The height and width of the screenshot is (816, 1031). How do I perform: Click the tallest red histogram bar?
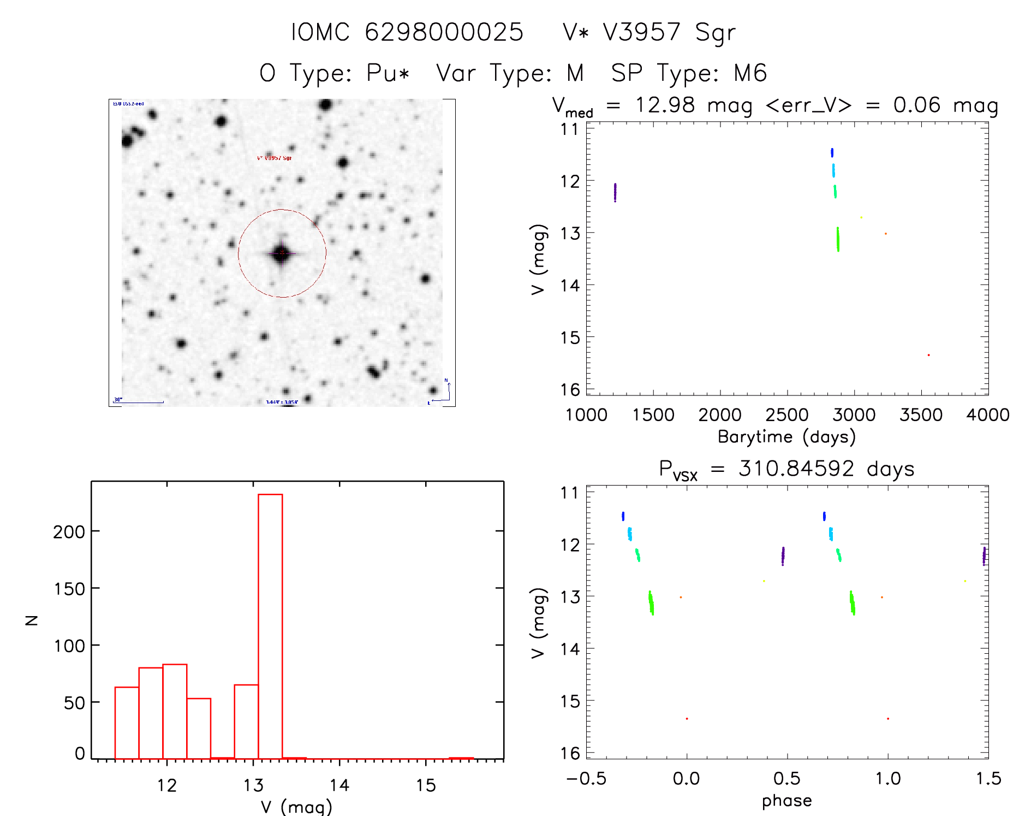click(270, 625)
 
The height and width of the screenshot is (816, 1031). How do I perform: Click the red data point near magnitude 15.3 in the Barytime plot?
click(928, 355)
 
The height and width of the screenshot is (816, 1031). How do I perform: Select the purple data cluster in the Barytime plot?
click(615, 192)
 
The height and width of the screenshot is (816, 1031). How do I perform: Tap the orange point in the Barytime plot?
click(886, 234)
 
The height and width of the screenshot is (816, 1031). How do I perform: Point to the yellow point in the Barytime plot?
click(861, 217)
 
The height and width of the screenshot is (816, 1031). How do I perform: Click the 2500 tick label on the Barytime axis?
click(786, 415)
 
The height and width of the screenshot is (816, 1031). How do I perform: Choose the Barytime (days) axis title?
click(786, 437)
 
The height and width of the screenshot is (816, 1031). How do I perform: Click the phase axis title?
click(786, 801)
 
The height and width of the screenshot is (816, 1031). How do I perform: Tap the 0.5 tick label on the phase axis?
click(786, 778)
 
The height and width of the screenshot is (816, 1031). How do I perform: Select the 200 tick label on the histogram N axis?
click(69, 531)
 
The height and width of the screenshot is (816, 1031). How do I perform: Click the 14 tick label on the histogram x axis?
click(339, 785)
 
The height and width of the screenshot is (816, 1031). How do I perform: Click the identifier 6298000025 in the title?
click(444, 32)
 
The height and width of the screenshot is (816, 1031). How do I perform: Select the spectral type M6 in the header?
click(750, 73)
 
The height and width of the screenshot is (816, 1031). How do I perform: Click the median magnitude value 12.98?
click(665, 105)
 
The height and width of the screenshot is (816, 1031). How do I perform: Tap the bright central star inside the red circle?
click(282, 253)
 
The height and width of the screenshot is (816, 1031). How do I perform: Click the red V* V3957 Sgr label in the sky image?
click(274, 158)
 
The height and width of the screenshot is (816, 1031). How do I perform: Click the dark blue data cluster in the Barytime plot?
click(832, 152)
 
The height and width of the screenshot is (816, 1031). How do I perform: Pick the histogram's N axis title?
click(32, 620)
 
